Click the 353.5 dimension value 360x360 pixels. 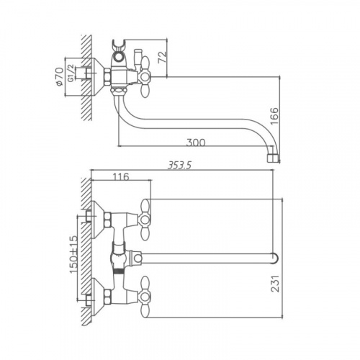click(179, 166)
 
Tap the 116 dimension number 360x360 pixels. click(121, 177)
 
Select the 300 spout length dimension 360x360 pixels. click(196, 143)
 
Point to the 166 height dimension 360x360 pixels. click(274, 116)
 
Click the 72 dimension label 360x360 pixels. click(163, 57)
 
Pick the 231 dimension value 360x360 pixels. click(275, 284)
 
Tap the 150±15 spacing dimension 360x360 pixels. click(73, 254)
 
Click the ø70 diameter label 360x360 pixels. click(59, 76)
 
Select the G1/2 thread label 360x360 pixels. click(71, 73)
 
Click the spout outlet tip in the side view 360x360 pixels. click(274, 158)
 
